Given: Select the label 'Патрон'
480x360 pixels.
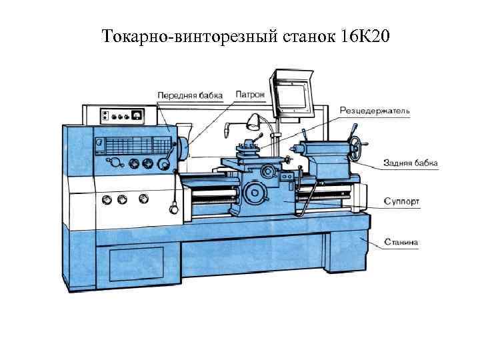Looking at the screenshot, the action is point(250,95).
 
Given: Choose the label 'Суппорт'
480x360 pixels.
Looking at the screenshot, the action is point(401,201).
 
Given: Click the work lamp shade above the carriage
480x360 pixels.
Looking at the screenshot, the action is point(253,121).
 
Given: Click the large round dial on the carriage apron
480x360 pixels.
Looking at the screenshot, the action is point(253,193).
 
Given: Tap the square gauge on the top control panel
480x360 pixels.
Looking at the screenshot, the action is point(137,115).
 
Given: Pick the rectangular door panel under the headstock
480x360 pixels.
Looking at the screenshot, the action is point(136,264).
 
